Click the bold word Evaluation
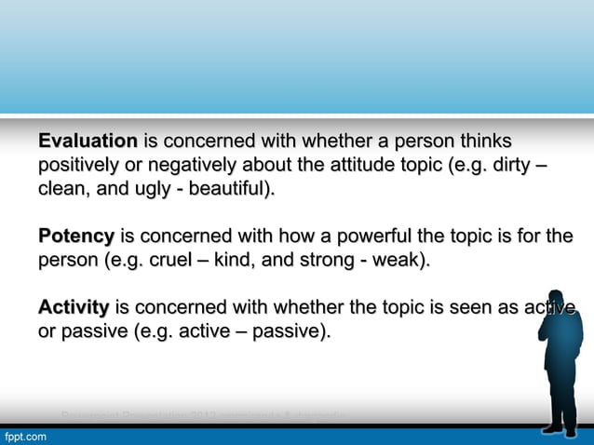(88, 142)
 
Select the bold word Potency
(76, 236)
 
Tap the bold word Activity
(74, 307)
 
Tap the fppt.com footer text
(25, 436)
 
